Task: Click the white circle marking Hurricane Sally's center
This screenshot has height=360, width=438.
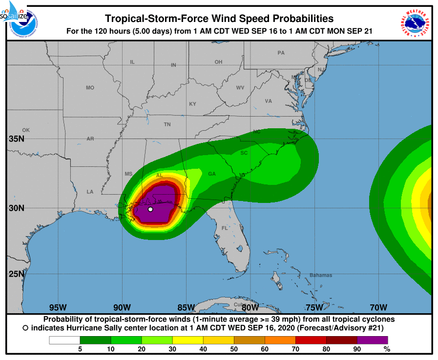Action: point(150,209)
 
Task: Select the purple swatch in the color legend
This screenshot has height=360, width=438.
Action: point(372,340)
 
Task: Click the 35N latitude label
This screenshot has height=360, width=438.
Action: point(16,139)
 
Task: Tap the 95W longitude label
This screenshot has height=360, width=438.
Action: point(58,307)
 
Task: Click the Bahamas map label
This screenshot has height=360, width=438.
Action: point(320,275)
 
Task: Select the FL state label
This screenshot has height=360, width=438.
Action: point(225,228)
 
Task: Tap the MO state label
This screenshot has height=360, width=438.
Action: point(90,88)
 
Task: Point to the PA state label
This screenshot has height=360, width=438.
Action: point(281,53)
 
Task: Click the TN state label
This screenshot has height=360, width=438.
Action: point(167,124)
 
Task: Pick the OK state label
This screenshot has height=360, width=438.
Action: point(26,130)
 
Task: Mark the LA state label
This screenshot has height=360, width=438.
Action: point(90,192)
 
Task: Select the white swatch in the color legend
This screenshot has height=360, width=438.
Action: point(64,340)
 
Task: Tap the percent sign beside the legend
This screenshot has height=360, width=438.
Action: point(387,349)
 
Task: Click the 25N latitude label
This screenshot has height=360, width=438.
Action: point(16,274)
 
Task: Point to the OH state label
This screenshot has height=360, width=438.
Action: point(218,62)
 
